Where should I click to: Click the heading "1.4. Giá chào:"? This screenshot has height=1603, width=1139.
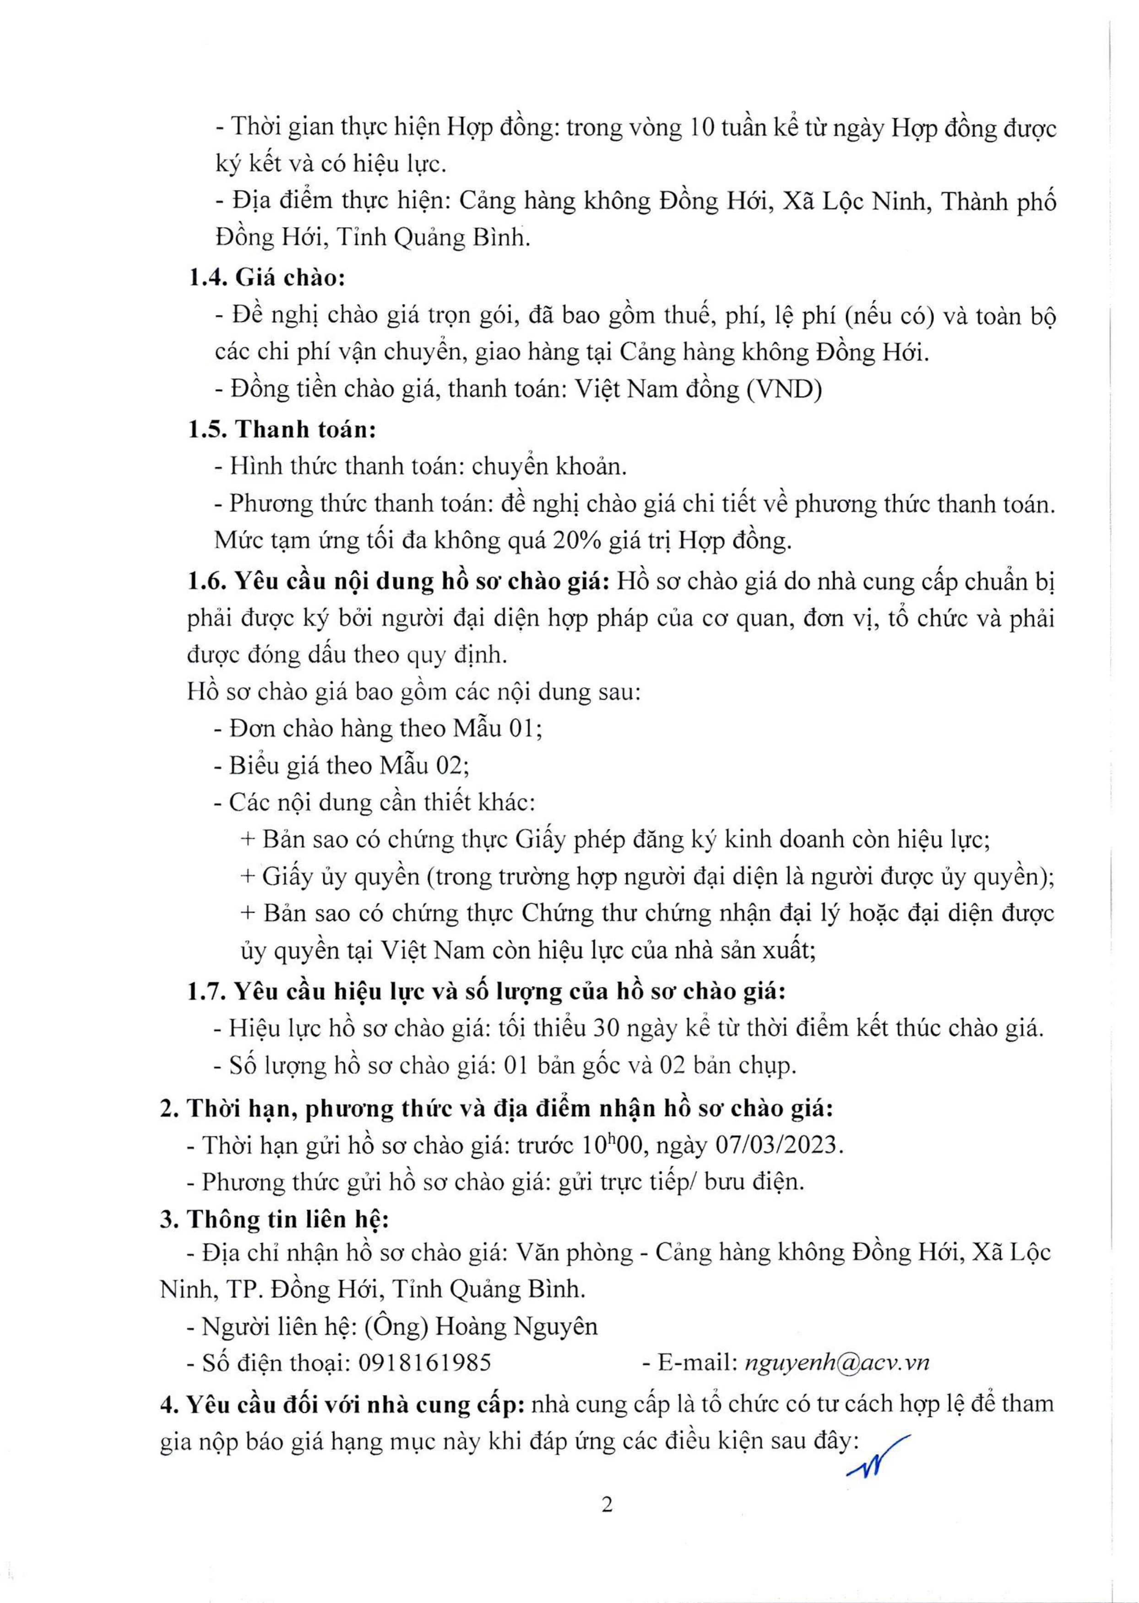pos(266,278)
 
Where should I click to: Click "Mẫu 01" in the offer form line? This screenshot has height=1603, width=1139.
pos(496,728)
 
